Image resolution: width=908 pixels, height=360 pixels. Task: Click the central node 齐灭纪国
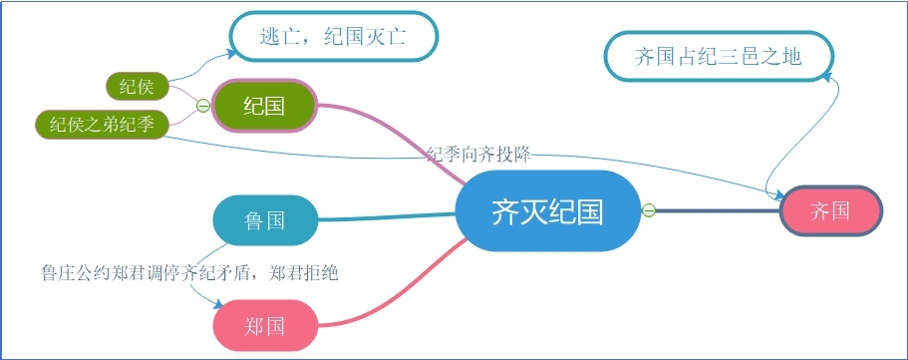[548, 211]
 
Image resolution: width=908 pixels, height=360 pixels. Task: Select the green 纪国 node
[264, 106]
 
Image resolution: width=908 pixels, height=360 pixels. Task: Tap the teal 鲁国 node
[266, 220]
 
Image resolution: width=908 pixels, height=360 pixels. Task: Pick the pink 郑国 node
[266, 325]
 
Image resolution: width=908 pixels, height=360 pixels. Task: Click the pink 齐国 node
[831, 211]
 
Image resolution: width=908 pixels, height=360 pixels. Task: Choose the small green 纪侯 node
[138, 87]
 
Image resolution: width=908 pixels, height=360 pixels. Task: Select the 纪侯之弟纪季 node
[103, 125]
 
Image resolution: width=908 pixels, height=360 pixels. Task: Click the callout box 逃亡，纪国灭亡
[334, 36]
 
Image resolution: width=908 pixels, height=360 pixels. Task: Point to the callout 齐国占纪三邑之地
[719, 57]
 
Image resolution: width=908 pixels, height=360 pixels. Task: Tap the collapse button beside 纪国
[203, 106]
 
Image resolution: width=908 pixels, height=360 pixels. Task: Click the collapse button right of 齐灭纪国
[649, 210]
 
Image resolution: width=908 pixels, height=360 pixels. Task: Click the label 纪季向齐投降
[478, 155]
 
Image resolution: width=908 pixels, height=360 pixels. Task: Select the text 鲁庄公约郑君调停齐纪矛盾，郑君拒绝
[189, 272]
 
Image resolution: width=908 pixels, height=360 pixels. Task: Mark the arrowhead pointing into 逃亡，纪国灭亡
[232, 54]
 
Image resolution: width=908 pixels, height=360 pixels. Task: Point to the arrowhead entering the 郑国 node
[217, 304]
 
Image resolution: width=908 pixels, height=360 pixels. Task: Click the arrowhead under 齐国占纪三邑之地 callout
[827, 76]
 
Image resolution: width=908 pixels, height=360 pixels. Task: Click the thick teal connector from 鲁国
[387, 217]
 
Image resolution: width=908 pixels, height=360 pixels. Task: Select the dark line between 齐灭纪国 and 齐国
[717, 210]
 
